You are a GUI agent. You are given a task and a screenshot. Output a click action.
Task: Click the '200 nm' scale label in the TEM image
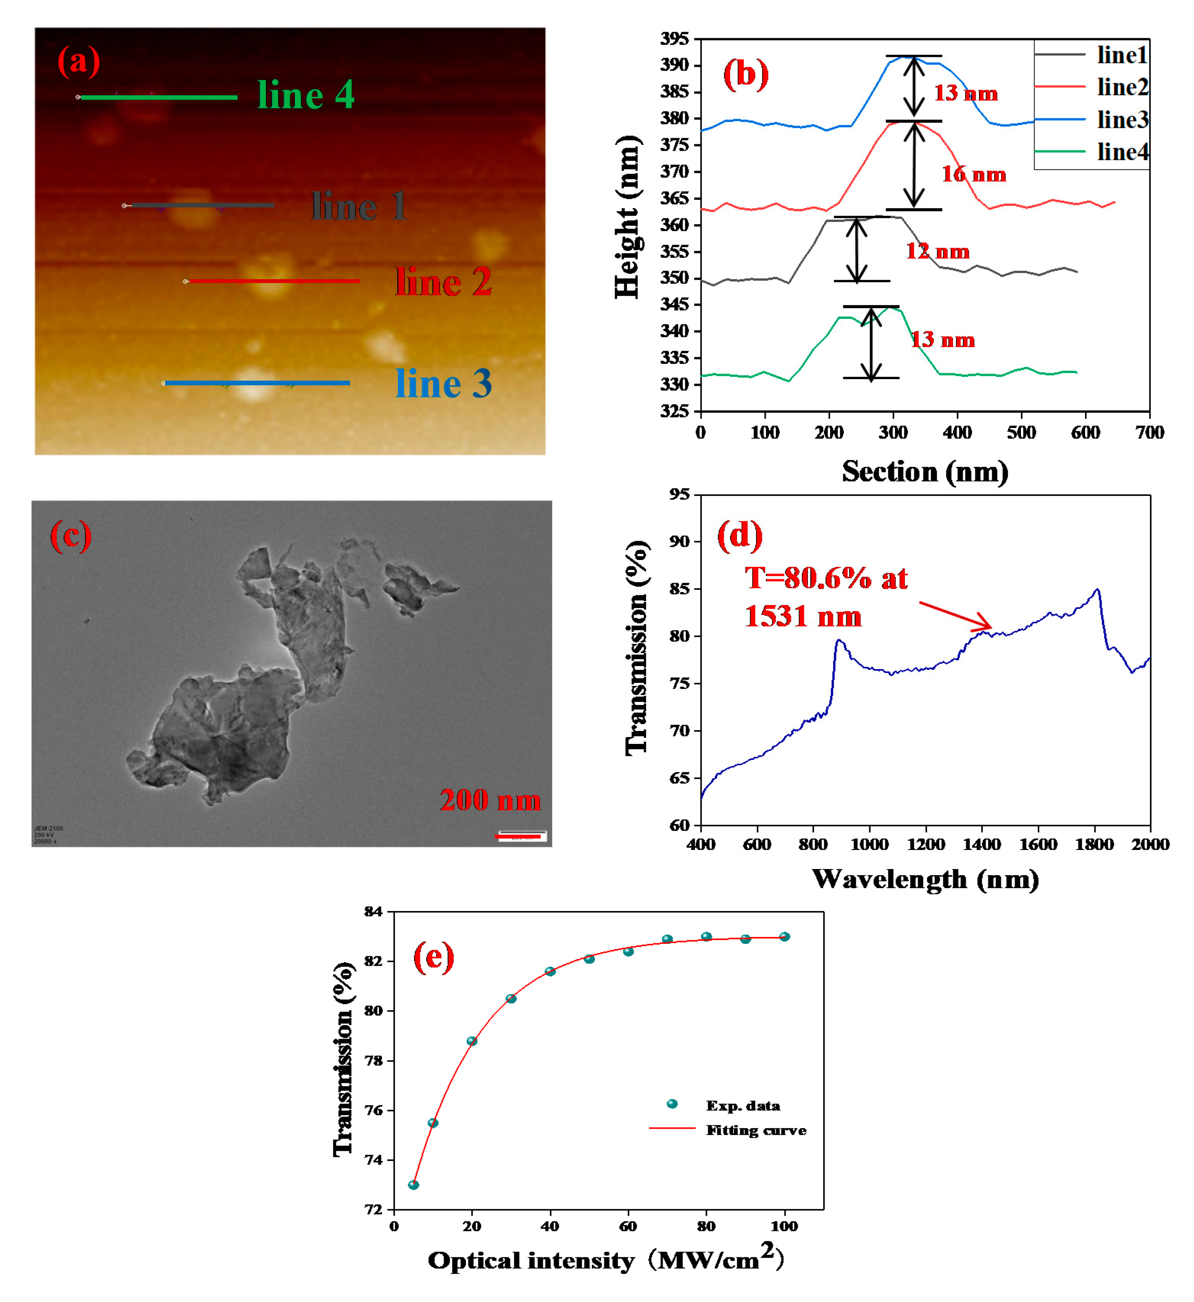[x=490, y=801]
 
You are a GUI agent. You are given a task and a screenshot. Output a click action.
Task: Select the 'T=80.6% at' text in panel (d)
[x=826, y=578]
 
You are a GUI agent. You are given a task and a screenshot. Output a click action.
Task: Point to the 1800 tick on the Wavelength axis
[x=1094, y=845]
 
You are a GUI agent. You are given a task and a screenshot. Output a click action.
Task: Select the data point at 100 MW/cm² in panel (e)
[x=784, y=937]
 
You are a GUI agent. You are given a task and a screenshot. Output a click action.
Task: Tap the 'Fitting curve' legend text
[x=756, y=1130]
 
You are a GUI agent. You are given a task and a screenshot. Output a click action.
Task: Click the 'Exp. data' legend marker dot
[x=672, y=1104]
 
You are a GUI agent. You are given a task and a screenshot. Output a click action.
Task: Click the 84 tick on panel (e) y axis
[x=373, y=911]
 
